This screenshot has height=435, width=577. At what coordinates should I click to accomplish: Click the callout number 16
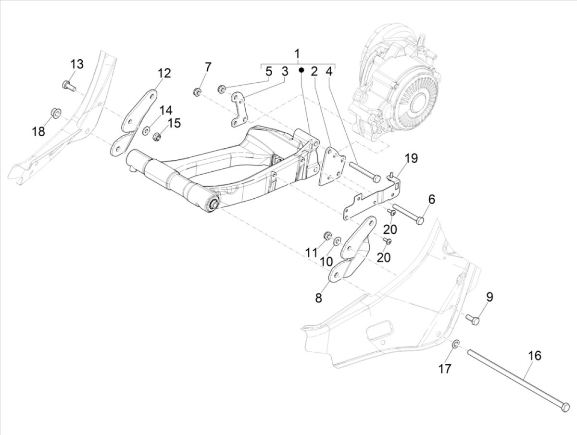(534, 356)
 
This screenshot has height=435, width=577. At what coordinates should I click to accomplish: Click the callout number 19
(411, 158)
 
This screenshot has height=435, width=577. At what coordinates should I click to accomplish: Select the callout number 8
(318, 298)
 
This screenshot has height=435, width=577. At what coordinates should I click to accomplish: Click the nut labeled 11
(326, 235)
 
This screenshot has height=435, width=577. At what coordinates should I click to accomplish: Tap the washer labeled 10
(337, 239)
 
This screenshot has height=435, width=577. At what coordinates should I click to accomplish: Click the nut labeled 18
(54, 113)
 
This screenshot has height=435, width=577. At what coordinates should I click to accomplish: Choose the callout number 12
(163, 73)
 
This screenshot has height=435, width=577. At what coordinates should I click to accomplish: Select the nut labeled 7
(197, 91)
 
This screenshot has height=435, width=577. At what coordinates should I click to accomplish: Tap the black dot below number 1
(301, 70)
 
